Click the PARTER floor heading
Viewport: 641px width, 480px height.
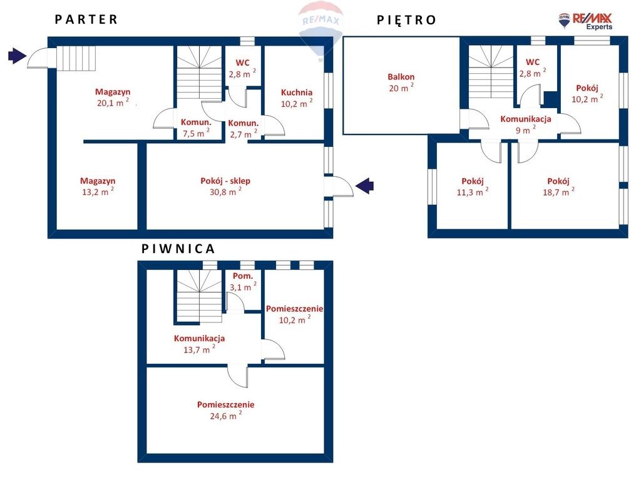[x=86, y=19]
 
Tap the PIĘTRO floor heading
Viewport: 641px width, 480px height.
[x=406, y=19]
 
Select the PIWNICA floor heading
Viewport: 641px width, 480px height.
[x=178, y=249]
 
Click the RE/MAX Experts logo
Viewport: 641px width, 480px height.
[x=586, y=21]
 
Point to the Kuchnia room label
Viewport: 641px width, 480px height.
[x=297, y=92]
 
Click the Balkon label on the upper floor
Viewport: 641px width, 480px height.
[x=401, y=77]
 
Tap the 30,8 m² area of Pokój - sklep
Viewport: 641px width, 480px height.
[x=225, y=191]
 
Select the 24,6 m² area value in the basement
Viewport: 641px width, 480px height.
[x=225, y=416]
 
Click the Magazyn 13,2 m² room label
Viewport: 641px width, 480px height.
[x=98, y=186]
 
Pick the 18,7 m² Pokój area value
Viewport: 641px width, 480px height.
[x=558, y=191]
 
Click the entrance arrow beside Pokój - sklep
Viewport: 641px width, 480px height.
[x=364, y=186]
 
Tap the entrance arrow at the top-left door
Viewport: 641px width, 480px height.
[x=17, y=56]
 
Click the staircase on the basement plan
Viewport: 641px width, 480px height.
[x=200, y=296]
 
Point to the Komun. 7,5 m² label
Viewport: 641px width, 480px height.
[x=196, y=127]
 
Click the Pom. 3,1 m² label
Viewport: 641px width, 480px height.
[x=243, y=282]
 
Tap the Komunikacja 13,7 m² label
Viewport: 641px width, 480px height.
[x=200, y=344]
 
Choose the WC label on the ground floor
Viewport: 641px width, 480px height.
[x=242, y=63]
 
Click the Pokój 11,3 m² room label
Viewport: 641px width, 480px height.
[x=473, y=186]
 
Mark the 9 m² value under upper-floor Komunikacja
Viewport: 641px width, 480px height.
[x=525, y=130]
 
